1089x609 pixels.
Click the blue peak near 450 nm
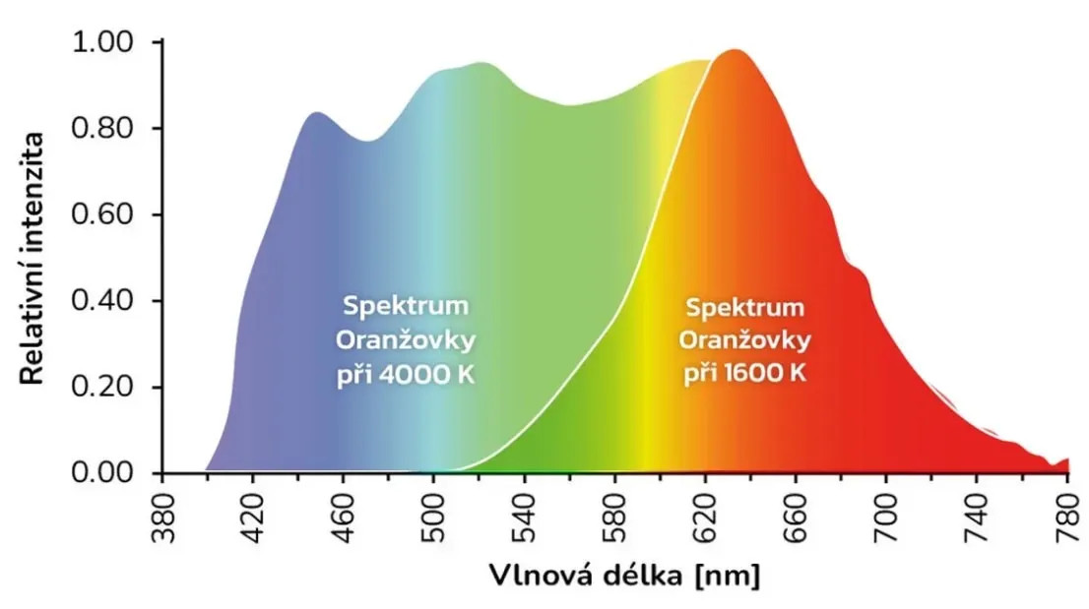[x=316, y=113]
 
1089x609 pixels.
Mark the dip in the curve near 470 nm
[x=365, y=141]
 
